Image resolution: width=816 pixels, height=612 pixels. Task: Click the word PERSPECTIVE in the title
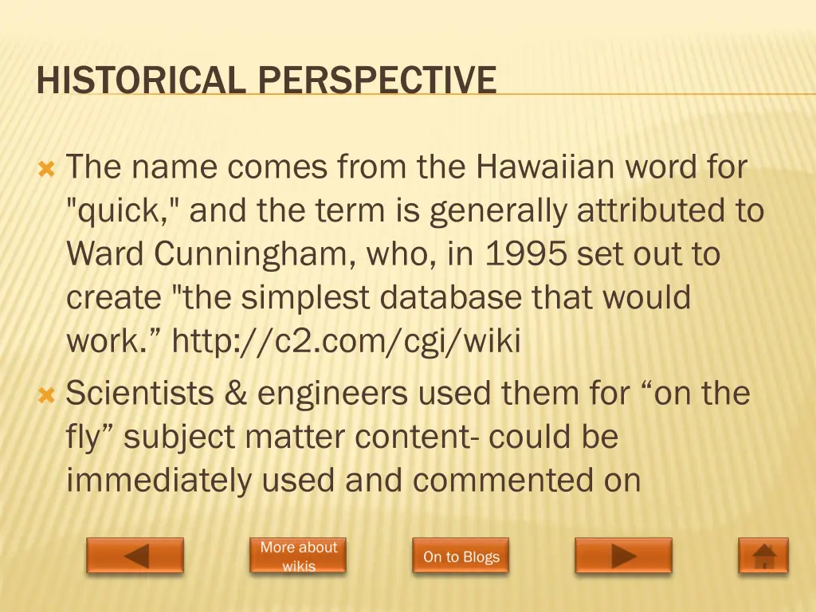tap(377, 80)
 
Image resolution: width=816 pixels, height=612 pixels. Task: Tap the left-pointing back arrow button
tap(135, 555)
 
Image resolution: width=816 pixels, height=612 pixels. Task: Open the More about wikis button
tap(298, 555)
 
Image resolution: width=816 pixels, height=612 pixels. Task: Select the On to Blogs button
tap(461, 556)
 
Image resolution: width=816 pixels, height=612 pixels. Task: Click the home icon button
tap(763, 555)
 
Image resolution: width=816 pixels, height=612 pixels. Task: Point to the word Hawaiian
tap(546, 167)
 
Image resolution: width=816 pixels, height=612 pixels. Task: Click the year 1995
tap(526, 254)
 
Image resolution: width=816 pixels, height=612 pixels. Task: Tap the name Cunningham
tap(255, 254)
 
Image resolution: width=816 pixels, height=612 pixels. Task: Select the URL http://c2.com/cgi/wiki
tap(346, 341)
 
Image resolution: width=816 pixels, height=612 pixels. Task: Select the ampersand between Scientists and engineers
tap(236, 393)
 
